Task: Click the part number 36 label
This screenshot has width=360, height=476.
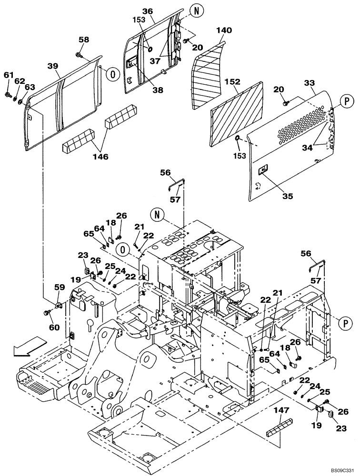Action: [148, 11]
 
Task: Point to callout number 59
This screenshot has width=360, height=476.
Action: [59, 287]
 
